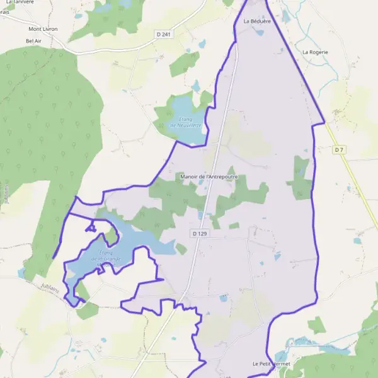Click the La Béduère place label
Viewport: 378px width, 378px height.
[x=256, y=21]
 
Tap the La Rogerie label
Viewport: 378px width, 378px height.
[x=315, y=52]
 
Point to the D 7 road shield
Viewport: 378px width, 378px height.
[x=339, y=149]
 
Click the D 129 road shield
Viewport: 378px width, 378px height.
[x=199, y=233]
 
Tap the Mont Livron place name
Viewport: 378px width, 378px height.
[x=43, y=29]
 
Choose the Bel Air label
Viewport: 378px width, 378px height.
[x=34, y=41]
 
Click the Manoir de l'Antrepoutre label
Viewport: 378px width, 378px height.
[x=209, y=176]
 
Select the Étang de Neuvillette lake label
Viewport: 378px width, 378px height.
[x=186, y=122]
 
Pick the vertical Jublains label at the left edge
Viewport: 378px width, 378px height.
[x=6, y=193]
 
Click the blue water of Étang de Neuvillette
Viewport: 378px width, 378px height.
[x=183, y=107]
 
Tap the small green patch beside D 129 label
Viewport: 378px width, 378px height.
[x=234, y=225]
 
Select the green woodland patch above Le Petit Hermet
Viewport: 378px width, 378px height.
[x=317, y=325]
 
